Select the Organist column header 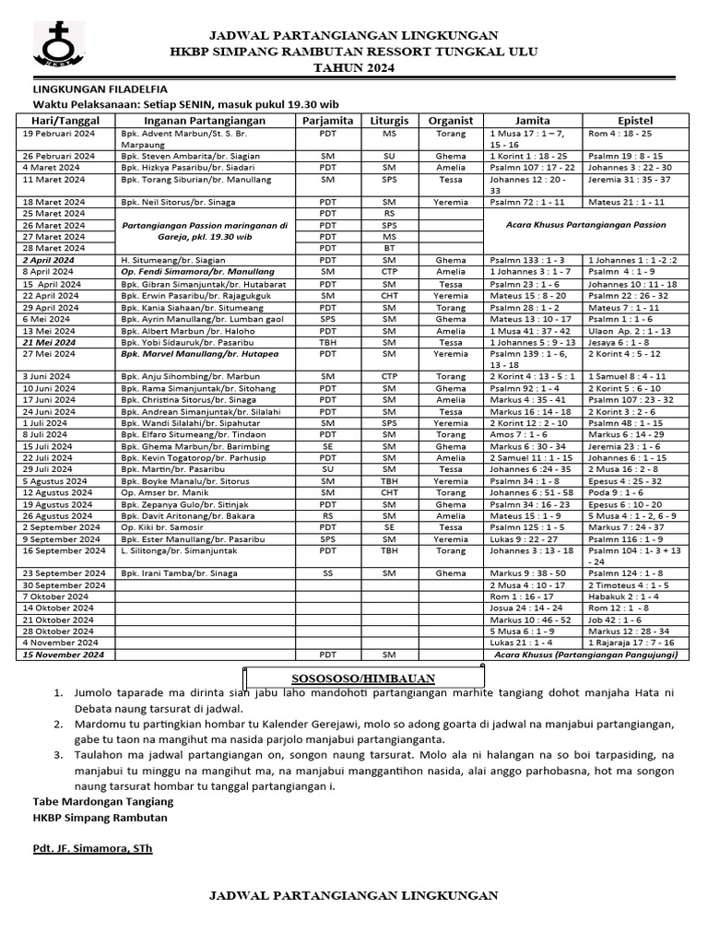coord(451,121)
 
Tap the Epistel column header coord(635,121)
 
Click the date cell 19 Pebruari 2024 coord(59,134)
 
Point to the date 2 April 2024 coord(53,261)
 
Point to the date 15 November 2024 coord(64,654)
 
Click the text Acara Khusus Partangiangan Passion coord(586,225)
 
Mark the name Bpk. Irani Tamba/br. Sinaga coord(178,572)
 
